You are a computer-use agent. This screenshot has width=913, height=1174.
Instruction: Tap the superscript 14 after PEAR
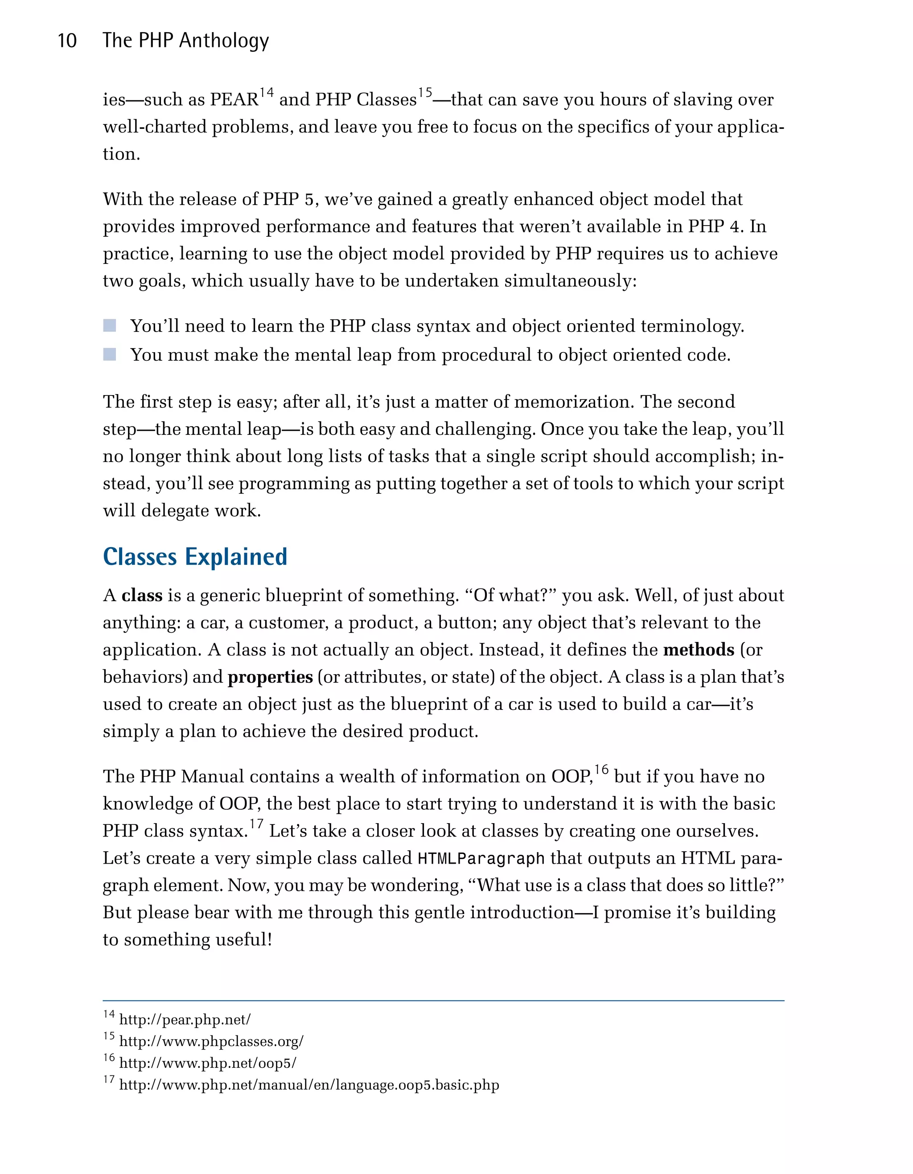pyautogui.click(x=267, y=94)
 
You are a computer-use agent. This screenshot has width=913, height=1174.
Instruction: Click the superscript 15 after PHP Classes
pyautogui.click(x=425, y=94)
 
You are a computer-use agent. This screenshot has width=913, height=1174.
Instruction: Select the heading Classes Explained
pyautogui.click(x=195, y=556)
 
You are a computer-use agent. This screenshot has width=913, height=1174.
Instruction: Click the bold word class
pyautogui.click(x=142, y=596)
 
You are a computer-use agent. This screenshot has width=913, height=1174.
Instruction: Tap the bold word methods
pyautogui.click(x=699, y=650)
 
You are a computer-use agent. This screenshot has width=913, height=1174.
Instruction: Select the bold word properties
pyautogui.click(x=270, y=677)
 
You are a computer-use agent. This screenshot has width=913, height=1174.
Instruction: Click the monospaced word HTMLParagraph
pyautogui.click(x=481, y=858)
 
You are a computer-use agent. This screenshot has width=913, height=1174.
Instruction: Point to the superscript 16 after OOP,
pyautogui.click(x=601, y=770)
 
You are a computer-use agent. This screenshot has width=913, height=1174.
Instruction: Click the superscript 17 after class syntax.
pyautogui.click(x=256, y=824)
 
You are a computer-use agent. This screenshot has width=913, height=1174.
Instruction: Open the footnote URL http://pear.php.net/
pyautogui.click(x=185, y=1020)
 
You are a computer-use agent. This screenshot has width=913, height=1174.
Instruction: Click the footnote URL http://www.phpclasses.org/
pyautogui.click(x=211, y=1041)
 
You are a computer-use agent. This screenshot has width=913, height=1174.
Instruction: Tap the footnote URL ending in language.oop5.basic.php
pyautogui.click(x=309, y=1085)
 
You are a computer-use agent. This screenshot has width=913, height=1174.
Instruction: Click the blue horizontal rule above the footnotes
pyautogui.click(x=443, y=1001)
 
